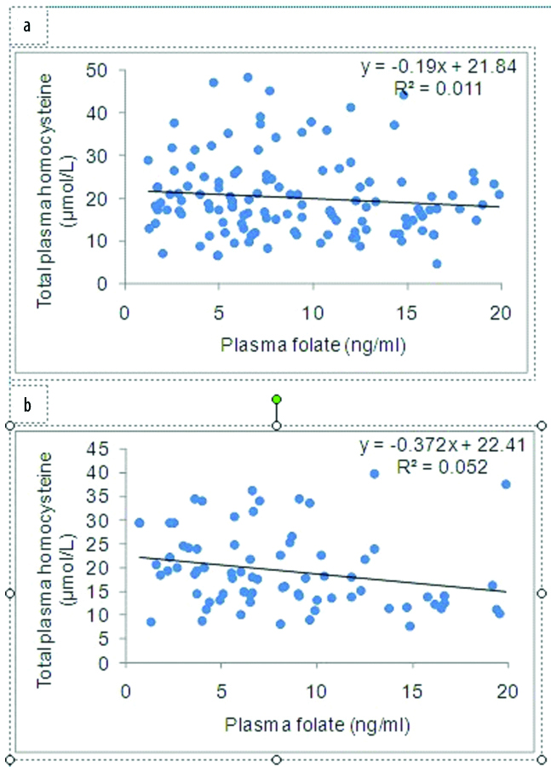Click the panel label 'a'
(28, 26)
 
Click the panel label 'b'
(28, 407)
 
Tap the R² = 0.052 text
(443, 466)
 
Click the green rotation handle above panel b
(276, 399)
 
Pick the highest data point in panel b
(374, 473)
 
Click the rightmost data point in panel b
(506, 484)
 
